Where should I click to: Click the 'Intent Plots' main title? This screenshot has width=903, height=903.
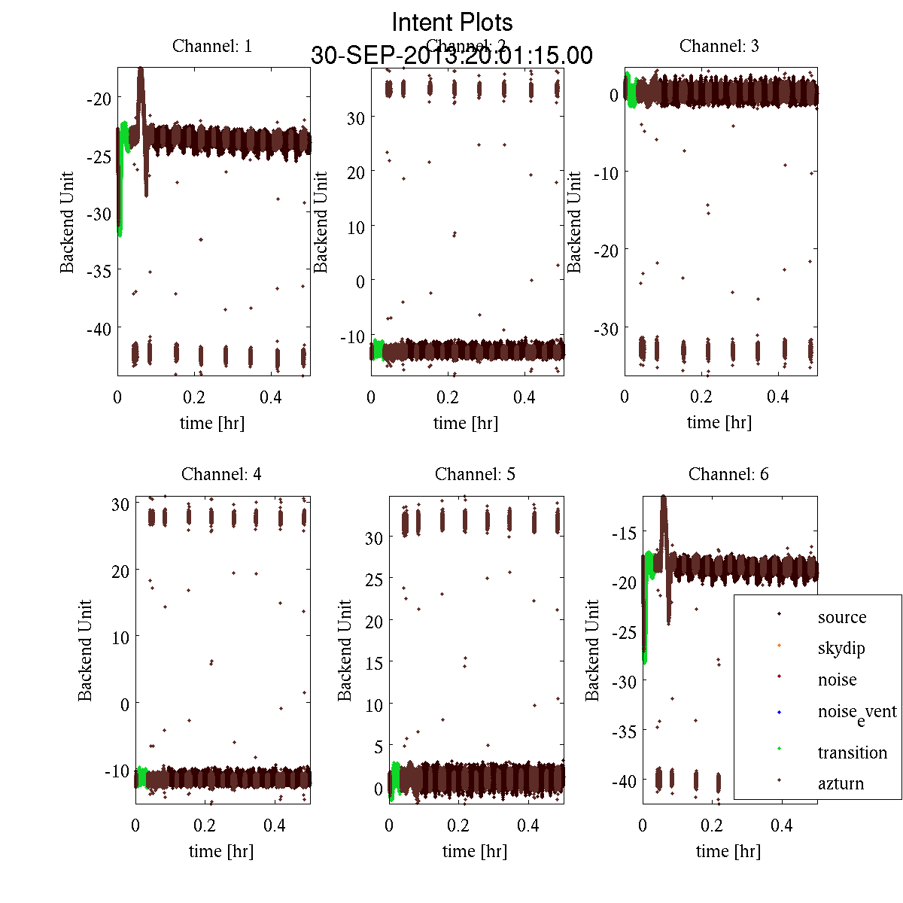click(x=452, y=22)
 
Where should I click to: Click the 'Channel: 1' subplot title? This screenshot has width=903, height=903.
click(x=212, y=46)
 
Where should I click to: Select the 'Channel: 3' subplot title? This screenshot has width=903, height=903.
click(x=719, y=46)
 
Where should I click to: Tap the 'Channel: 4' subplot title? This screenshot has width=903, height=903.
click(x=221, y=474)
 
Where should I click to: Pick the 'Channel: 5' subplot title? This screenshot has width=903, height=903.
click(x=475, y=474)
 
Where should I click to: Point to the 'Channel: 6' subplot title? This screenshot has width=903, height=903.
click(x=728, y=474)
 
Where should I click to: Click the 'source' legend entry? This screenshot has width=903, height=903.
click(x=841, y=617)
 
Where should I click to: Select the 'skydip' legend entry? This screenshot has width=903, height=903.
click(x=841, y=648)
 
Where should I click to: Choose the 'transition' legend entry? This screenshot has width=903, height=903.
click(x=852, y=752)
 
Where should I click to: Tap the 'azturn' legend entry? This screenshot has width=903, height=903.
click(x=841, y=783)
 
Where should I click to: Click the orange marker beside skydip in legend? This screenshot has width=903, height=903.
click(x=779, y=645)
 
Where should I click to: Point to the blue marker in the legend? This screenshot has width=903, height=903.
click(x=779, y=712)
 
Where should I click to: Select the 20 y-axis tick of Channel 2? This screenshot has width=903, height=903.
click(x=355, y=172)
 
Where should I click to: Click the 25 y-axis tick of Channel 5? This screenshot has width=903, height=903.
click(x=374, y=580)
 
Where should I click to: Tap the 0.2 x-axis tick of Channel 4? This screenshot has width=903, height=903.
click(x=205, y=825)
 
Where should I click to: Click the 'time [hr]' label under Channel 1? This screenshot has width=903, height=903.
click(x=212, y=423)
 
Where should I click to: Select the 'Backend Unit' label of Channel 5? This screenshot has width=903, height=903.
click(x=345, y=650)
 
